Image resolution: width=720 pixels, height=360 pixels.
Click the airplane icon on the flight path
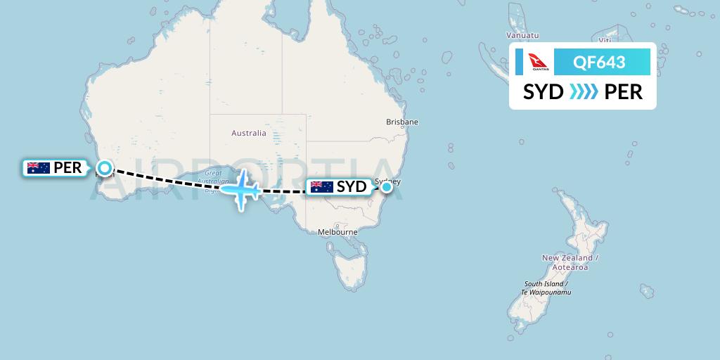[241, 188]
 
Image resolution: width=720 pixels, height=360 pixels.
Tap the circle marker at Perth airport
[104, 167]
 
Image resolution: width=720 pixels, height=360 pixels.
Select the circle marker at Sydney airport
[386, 188]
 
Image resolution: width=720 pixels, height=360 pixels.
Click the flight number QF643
[600, 63]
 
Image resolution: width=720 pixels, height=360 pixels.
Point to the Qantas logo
[539, 63]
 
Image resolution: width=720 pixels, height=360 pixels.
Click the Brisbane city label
[402, 122]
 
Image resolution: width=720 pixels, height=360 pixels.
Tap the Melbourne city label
[337, 231]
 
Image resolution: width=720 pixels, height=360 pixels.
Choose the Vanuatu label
[522, 35]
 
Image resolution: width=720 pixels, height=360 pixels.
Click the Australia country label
[249, 133]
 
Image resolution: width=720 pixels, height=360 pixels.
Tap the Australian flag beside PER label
[38, 168]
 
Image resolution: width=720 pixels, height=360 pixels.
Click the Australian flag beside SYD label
[321, 187]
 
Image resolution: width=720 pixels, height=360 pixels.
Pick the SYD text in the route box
[544, 92]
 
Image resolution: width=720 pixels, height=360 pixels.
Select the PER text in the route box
[624, 92]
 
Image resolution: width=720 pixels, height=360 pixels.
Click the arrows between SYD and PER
[584, 92]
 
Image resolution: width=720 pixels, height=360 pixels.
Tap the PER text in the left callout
[67, 168]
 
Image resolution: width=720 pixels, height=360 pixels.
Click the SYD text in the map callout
[352, 187]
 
